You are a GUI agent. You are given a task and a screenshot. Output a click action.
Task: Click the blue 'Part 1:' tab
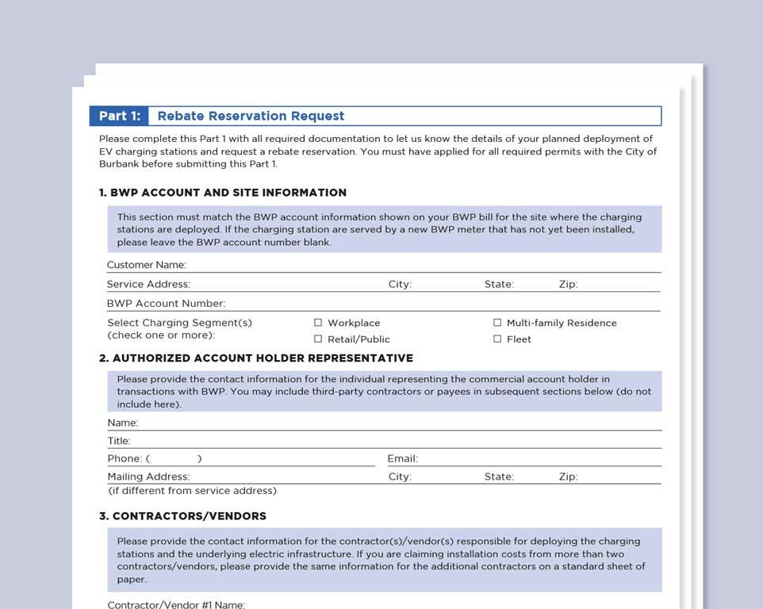coord(119,117)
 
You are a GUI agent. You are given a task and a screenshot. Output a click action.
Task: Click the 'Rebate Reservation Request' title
coord(251,117)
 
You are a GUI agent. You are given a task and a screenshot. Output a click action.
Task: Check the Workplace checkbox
coord(318,323)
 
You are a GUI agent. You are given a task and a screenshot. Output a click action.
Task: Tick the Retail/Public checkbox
coord(318,339)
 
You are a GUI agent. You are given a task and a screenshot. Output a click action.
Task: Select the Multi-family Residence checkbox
coord(497,323)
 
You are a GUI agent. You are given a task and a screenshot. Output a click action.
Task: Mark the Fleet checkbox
coord(497,339)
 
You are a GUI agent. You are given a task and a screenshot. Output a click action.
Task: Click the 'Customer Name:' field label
coord(147,265)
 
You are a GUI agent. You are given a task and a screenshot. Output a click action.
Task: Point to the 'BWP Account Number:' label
coord(166,304)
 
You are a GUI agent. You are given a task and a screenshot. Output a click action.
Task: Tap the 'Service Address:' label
coord(148,284)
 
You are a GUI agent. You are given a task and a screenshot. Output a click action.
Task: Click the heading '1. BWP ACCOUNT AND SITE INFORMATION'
coord(223,193)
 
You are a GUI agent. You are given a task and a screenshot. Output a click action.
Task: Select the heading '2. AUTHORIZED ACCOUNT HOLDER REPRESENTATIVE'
coord(256,358)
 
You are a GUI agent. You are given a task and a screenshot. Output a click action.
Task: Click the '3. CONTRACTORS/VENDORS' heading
coord(182,516)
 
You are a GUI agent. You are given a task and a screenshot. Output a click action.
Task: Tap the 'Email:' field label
coord(402,458)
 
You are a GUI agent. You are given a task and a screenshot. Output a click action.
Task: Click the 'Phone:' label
coord(125,458)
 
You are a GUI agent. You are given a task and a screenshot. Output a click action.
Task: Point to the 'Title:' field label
coord(119,441)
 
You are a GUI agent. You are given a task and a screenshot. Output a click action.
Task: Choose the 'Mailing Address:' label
coord(148,477)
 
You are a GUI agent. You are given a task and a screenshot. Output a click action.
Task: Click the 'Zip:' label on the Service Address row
coord(568,284)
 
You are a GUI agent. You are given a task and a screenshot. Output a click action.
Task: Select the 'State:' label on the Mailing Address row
coord(499,477)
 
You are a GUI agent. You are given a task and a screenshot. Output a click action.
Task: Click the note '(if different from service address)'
coord(193,491)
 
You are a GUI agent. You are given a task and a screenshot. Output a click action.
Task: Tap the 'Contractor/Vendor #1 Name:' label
coord(176,605)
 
